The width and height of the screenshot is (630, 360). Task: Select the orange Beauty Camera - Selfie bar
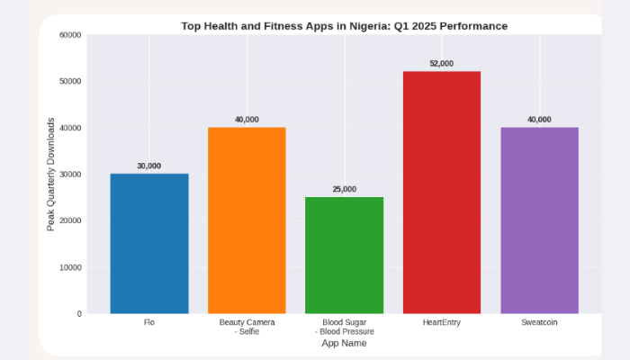(247, 220)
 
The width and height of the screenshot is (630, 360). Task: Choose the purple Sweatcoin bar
(539, 220)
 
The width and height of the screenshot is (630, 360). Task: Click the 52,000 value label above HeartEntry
(441, 64)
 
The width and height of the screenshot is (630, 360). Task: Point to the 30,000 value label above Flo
(149, 166)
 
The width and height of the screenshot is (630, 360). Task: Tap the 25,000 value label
(344, 189)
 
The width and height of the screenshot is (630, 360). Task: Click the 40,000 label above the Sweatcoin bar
(539, 120)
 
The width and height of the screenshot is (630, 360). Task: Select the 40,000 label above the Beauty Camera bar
(247, 120)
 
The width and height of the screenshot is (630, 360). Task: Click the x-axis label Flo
(149, 322)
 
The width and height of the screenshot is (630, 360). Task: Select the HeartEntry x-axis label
(441, 322)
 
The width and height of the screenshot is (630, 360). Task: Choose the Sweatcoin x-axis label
(539, 322)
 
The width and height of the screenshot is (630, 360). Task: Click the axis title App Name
(344, 344)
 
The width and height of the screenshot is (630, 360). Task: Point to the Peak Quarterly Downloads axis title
(51, 174)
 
